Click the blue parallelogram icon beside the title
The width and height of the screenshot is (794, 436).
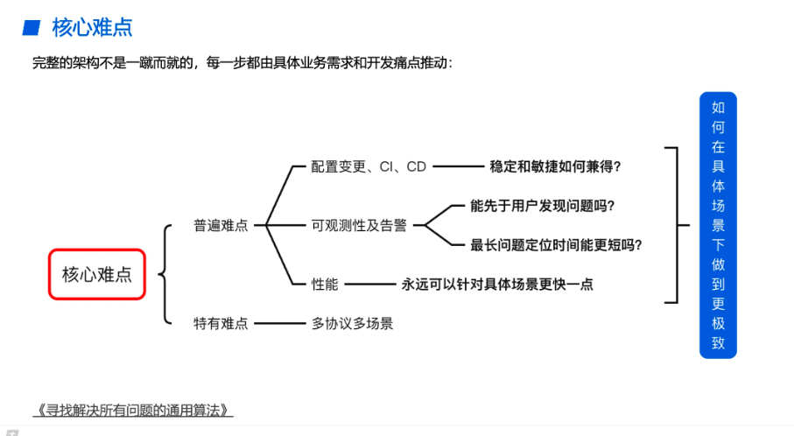(32, 28)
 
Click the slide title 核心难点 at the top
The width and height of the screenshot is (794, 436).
(92, 28)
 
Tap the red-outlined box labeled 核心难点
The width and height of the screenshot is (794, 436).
(96, 274)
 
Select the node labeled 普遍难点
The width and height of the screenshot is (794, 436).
(221, 225)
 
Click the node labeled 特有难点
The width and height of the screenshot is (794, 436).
(221, 323)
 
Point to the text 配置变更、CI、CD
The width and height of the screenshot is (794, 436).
(369, 166)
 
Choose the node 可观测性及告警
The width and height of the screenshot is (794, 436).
(359, 225)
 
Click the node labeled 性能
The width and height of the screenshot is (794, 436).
(325, 284)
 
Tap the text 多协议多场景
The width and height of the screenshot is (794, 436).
(352, 323)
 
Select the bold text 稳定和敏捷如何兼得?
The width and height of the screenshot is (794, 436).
(561, 166)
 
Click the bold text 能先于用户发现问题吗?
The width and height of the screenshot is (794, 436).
(543, 206)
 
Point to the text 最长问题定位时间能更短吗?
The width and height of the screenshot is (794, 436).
(562, 245)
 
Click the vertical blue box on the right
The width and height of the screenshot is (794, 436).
(718, 225)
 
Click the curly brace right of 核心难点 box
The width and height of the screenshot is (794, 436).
(165, 274)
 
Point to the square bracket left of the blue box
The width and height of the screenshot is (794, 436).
(674, 225)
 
